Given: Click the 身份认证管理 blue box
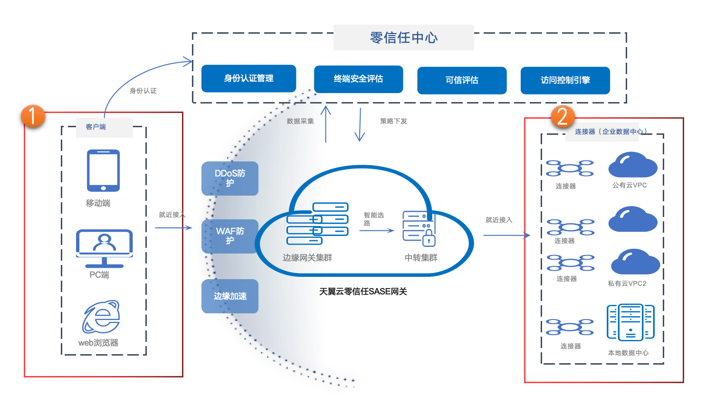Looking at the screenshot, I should point(248,78).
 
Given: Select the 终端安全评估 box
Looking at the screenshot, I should point(358,79).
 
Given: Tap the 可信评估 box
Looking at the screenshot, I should point(462,80).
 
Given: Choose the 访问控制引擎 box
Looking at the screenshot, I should point(565,80).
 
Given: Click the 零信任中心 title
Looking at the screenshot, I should point(403,38).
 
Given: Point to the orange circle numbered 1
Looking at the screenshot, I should point(33,116).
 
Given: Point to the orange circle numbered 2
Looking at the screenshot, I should point(563,117).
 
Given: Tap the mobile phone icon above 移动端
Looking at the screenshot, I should point(103,170).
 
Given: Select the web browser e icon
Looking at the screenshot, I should point(101,317).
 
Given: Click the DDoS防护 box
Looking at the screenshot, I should point(230,178).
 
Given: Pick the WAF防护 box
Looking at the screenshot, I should point(230,236).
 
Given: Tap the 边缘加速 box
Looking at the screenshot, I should point(230,296).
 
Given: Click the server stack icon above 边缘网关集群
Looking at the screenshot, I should point(317,224).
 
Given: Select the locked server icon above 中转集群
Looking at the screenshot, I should point(419,228).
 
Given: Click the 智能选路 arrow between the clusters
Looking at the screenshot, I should point(376,231).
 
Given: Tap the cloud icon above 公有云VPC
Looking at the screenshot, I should point(632,165).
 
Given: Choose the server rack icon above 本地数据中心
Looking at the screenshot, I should point(630,322).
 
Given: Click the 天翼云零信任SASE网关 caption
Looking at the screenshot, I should point(363,292).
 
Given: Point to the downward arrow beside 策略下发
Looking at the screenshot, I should point(360,125).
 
